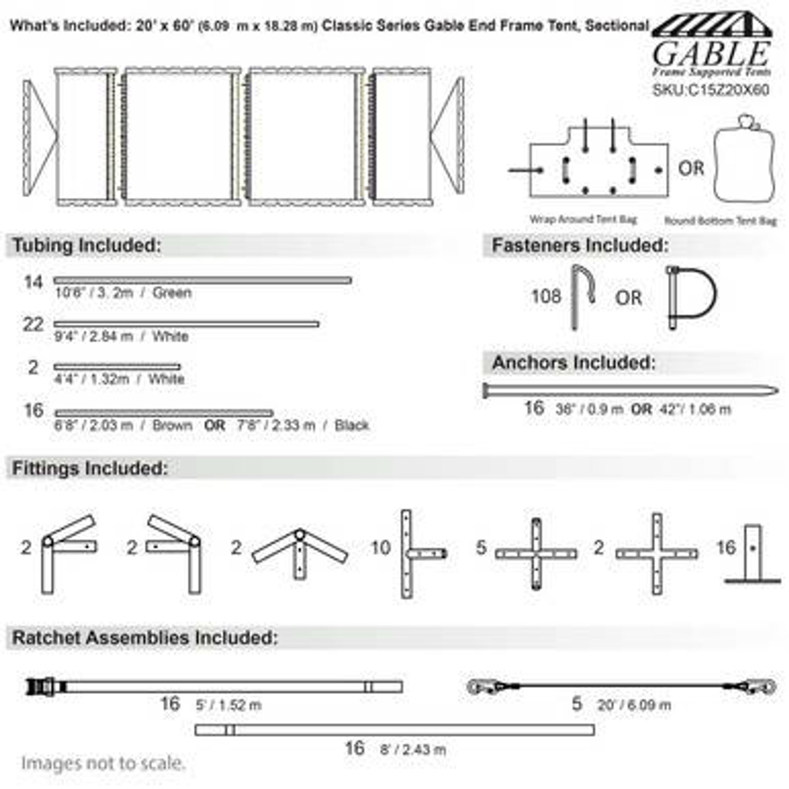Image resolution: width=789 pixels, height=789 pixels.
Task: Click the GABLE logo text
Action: pos(711,54)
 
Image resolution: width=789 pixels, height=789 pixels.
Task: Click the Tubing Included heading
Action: pos(86,245)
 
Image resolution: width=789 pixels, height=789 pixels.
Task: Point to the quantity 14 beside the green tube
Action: pos(33,282)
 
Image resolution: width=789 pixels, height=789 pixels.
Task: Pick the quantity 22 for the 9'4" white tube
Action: pos(33,324)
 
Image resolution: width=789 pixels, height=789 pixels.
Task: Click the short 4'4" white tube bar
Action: pos(117,367)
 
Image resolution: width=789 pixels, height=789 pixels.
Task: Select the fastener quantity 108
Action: pos(546,296)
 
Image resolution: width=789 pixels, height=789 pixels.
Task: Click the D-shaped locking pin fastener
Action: pos(692,297)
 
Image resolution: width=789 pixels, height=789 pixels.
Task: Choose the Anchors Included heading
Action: pos(573,363)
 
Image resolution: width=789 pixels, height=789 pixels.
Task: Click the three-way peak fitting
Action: pos(300,550)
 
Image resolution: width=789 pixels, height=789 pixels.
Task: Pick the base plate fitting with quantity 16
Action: pos(753,554)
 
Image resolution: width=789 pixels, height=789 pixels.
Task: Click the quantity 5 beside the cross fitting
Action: pos(481,547)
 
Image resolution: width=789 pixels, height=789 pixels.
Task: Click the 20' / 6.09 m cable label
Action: pos(634,705)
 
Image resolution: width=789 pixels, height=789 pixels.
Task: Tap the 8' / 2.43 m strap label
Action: pos(412,750)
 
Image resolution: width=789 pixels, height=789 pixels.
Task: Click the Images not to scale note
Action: pos(103,763)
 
